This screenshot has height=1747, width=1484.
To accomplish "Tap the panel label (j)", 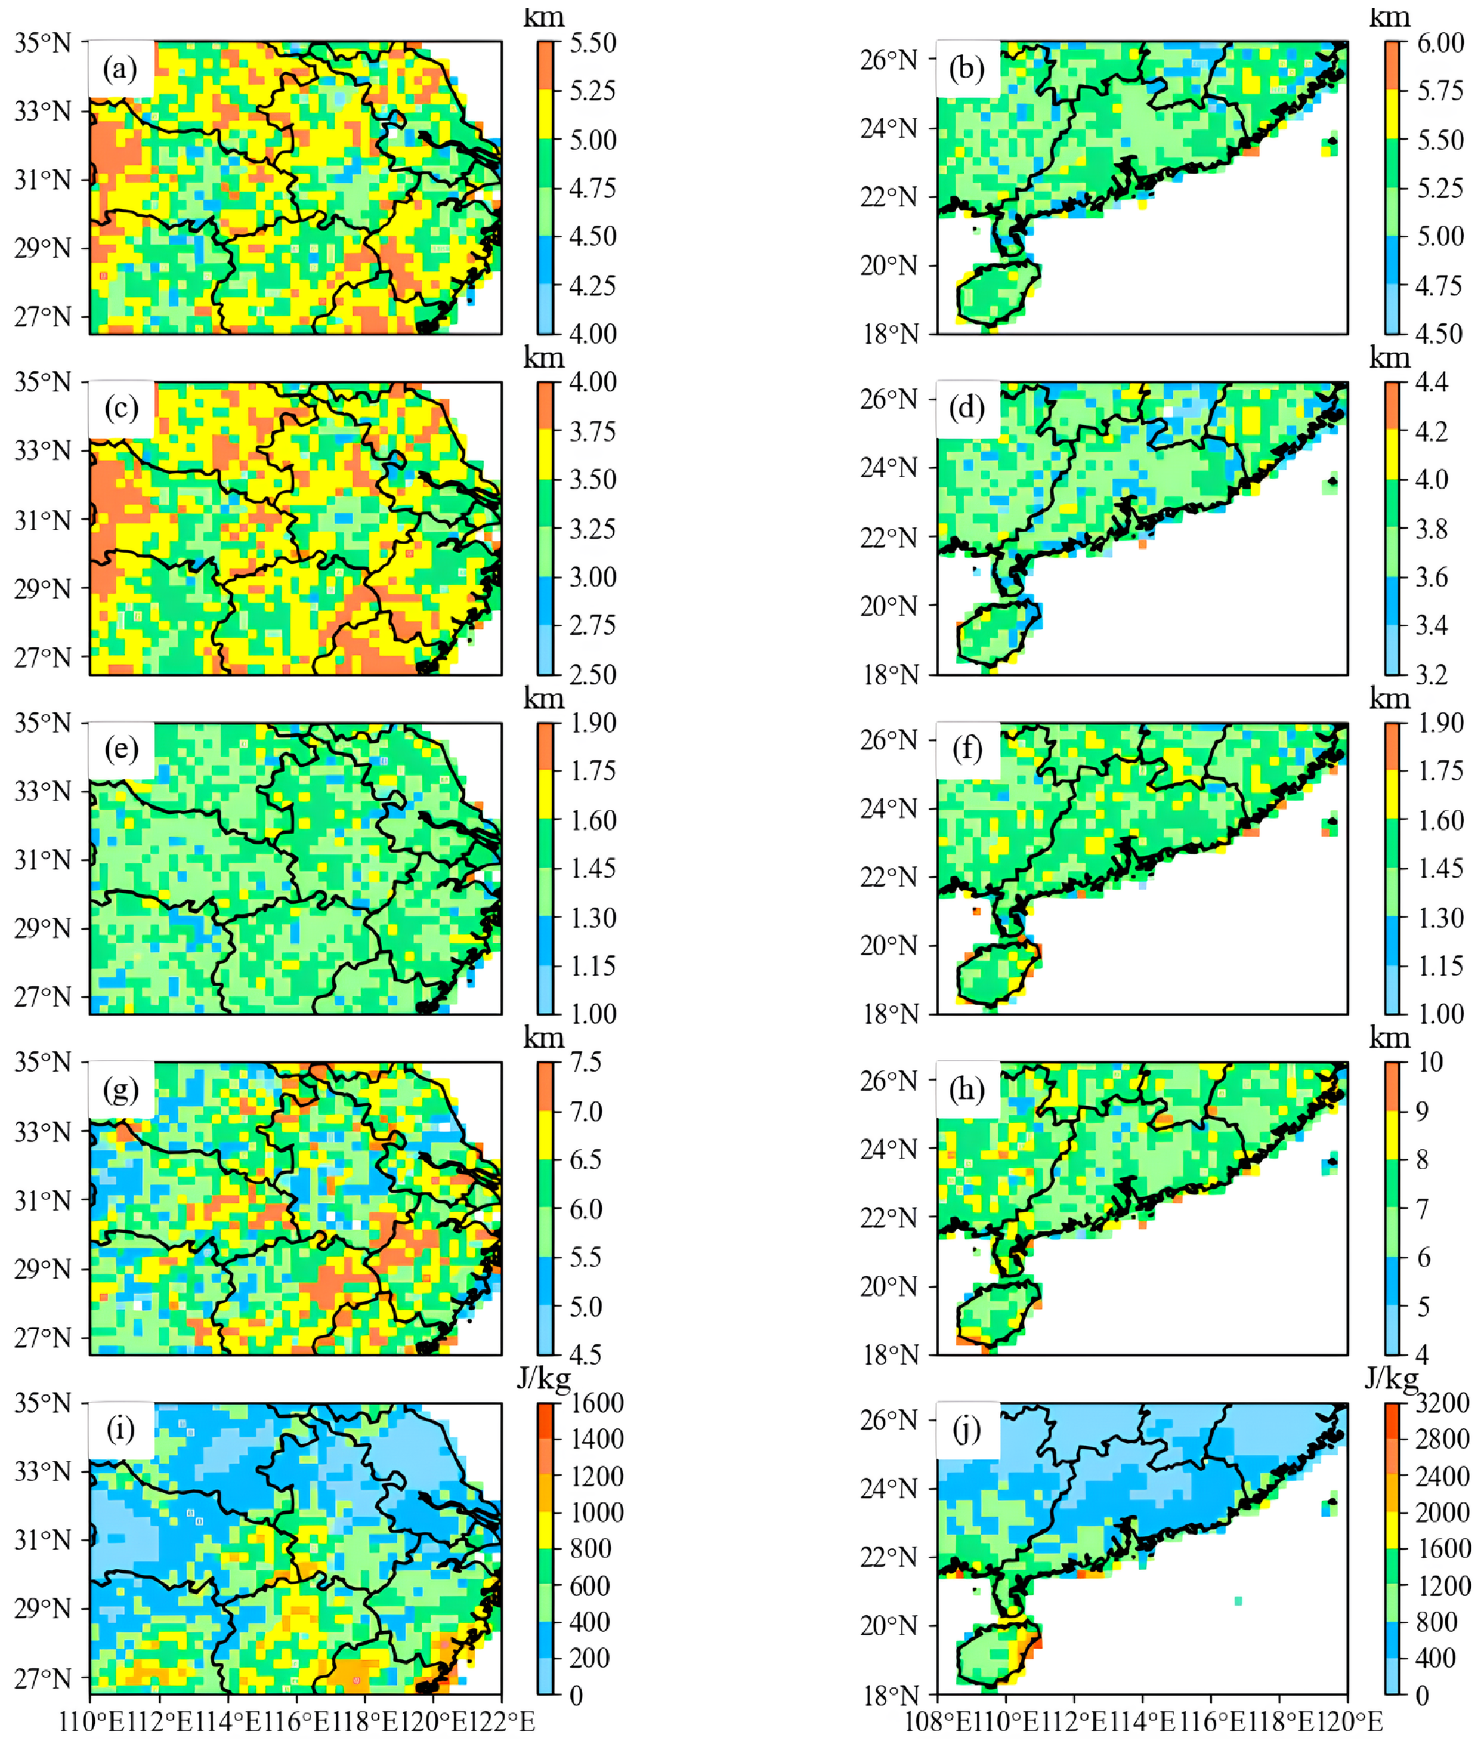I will pos(967,1429).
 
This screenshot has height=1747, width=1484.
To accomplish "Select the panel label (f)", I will pos(967,748).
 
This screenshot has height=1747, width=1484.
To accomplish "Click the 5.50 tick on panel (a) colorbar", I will pos(593,42).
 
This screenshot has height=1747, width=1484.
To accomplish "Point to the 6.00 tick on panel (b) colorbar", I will pos(1440,42).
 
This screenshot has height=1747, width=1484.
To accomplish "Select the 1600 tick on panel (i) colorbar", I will pos(597,1403).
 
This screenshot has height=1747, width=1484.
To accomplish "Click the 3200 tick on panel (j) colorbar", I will pos(1443,1403).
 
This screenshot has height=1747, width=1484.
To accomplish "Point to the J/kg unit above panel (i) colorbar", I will pos(543,1378).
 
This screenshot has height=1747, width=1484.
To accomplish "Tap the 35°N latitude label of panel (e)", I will pos(42,723).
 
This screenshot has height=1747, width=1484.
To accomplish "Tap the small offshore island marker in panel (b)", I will pos(1332,141).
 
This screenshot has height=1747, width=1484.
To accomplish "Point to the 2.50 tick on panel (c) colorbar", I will pos(593,674).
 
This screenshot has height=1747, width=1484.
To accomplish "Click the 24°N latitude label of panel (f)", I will pos(889,808).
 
